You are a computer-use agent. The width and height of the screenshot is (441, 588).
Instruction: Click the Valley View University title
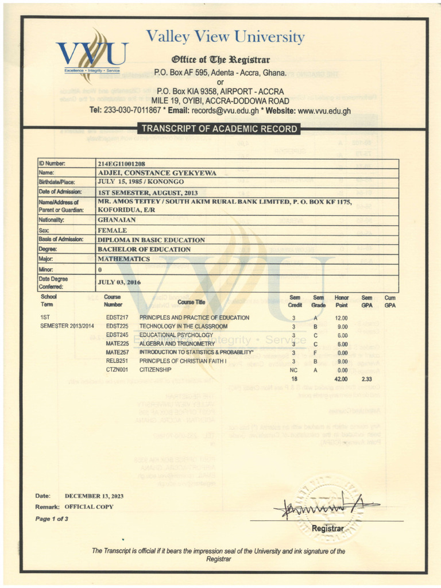[x=225, y=37]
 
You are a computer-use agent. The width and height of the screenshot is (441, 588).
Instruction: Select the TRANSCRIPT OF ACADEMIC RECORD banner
[x=219, y=129]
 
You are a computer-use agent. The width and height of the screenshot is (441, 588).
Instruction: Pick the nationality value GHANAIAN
[x=117, y=220]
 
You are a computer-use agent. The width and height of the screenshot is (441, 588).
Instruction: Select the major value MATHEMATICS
[x=125, y=259]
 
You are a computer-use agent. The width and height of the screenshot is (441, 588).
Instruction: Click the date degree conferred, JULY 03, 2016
[x=119, y=282]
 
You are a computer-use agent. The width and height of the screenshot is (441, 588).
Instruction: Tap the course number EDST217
[x=117, y=318]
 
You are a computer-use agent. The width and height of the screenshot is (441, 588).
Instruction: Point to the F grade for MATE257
[x=315, y=352]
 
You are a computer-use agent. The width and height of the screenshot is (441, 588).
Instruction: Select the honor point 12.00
[x=342, y=318]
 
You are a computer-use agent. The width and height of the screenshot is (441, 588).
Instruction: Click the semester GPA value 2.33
[x=367, y=379]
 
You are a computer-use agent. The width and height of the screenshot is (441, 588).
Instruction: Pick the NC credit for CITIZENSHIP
[x=293, y=370]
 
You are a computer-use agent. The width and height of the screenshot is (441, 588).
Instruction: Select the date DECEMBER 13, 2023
[x=94, y=496]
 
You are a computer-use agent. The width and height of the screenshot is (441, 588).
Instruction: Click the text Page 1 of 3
[x=52, y=519]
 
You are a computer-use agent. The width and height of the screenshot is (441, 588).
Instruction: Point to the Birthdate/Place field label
[x=57, y=182]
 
